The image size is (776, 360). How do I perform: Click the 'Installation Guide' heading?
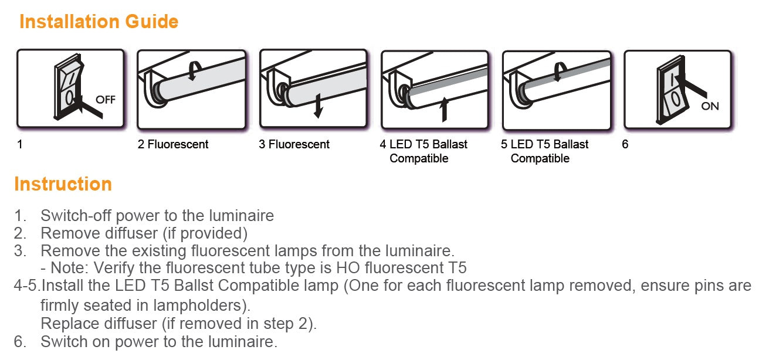99,22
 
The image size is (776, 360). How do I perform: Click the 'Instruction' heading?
63,184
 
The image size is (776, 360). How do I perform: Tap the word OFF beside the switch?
106,100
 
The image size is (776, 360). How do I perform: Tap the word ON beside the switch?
710,106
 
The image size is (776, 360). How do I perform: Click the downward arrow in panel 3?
318,106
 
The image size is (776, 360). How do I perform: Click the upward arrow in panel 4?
444,110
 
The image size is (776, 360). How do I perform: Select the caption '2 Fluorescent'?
173,144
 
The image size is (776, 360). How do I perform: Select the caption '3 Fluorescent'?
294,144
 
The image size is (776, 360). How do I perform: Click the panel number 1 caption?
20,144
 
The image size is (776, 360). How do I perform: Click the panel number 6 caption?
625,144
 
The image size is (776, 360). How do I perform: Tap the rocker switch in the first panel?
69,87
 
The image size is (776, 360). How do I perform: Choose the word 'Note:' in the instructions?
69,268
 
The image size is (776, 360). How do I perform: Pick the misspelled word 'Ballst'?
194,286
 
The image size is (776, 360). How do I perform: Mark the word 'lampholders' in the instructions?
198,305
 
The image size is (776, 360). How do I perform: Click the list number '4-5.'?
28,286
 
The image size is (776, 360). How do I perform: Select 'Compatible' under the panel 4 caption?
419,158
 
